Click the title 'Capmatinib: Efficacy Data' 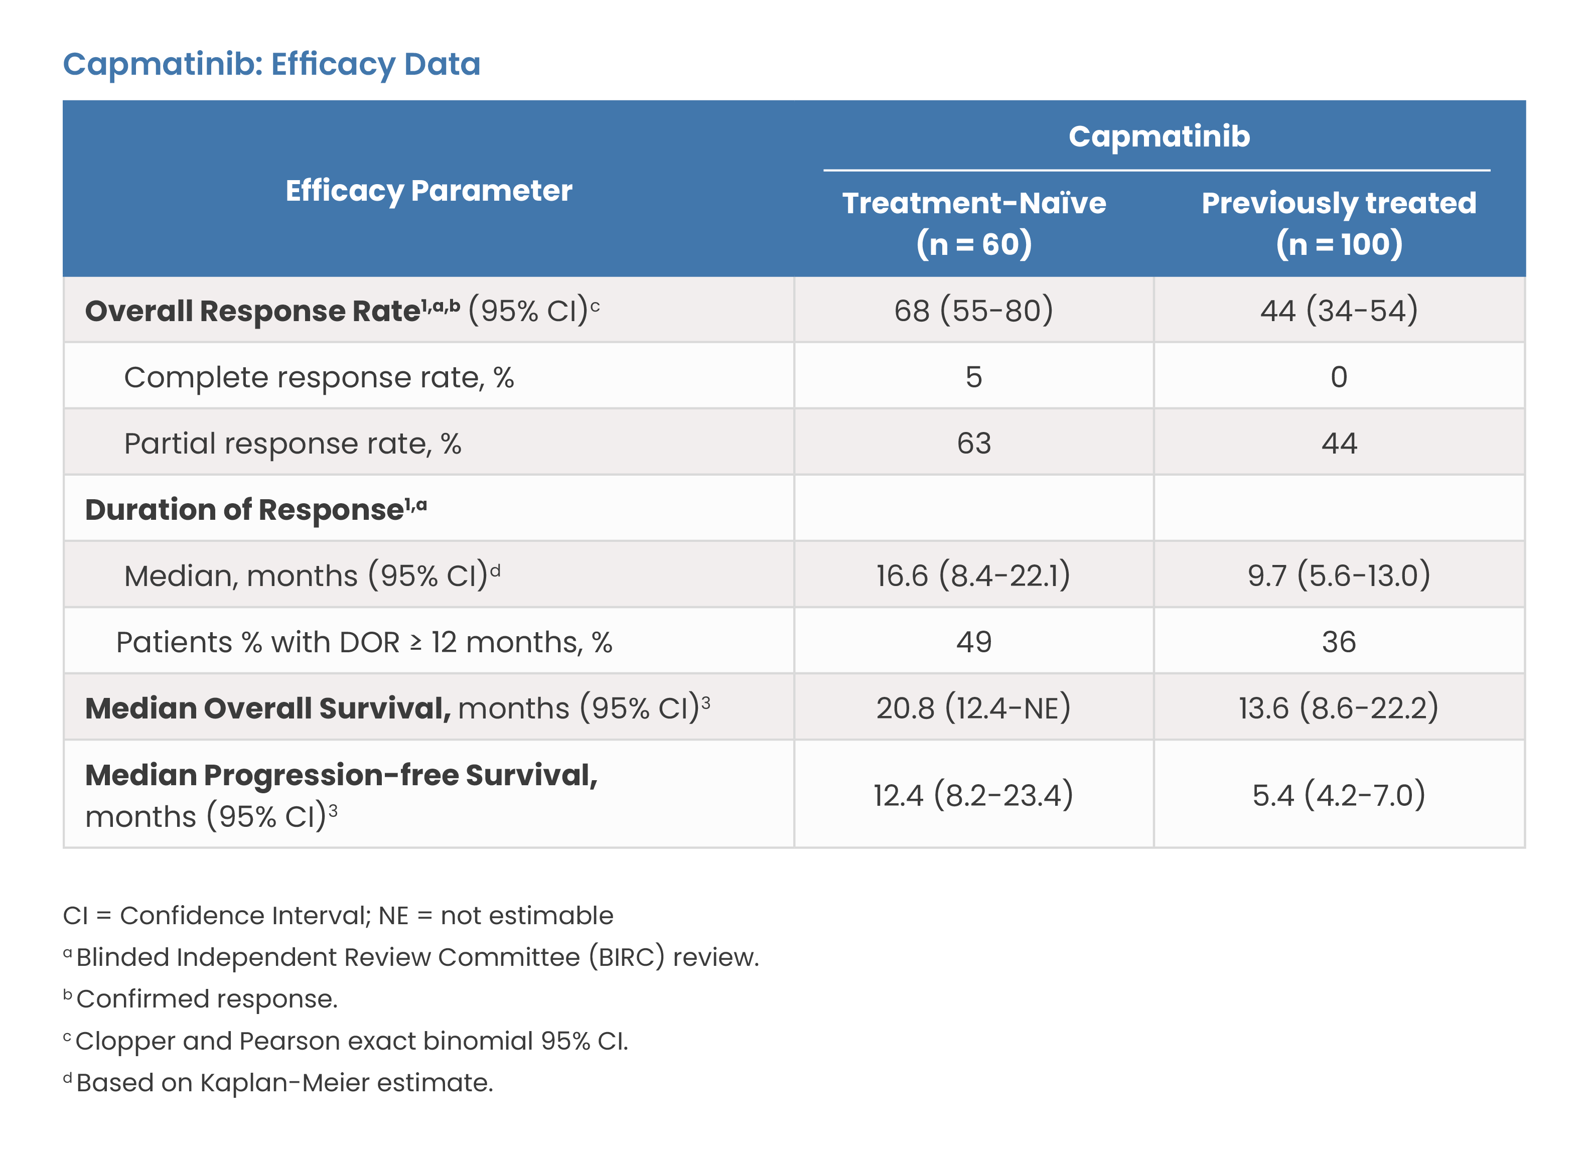coord(272,64)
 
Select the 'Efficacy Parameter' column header coord(429,191)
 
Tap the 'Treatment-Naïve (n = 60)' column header coord(974,223)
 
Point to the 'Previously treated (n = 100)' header coord(1339,223)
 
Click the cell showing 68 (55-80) coord(974,311)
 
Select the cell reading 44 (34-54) coord(1339,311)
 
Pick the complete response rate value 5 coord(974,377)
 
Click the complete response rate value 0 coord(1339,377)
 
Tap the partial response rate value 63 coord(974,444)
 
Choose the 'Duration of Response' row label coord(256,509)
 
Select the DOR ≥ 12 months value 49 coord(974,642)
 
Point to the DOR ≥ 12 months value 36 coord(1339,642)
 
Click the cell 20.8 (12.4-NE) coord(974,707)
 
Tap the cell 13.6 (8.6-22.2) coord(1339,707)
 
